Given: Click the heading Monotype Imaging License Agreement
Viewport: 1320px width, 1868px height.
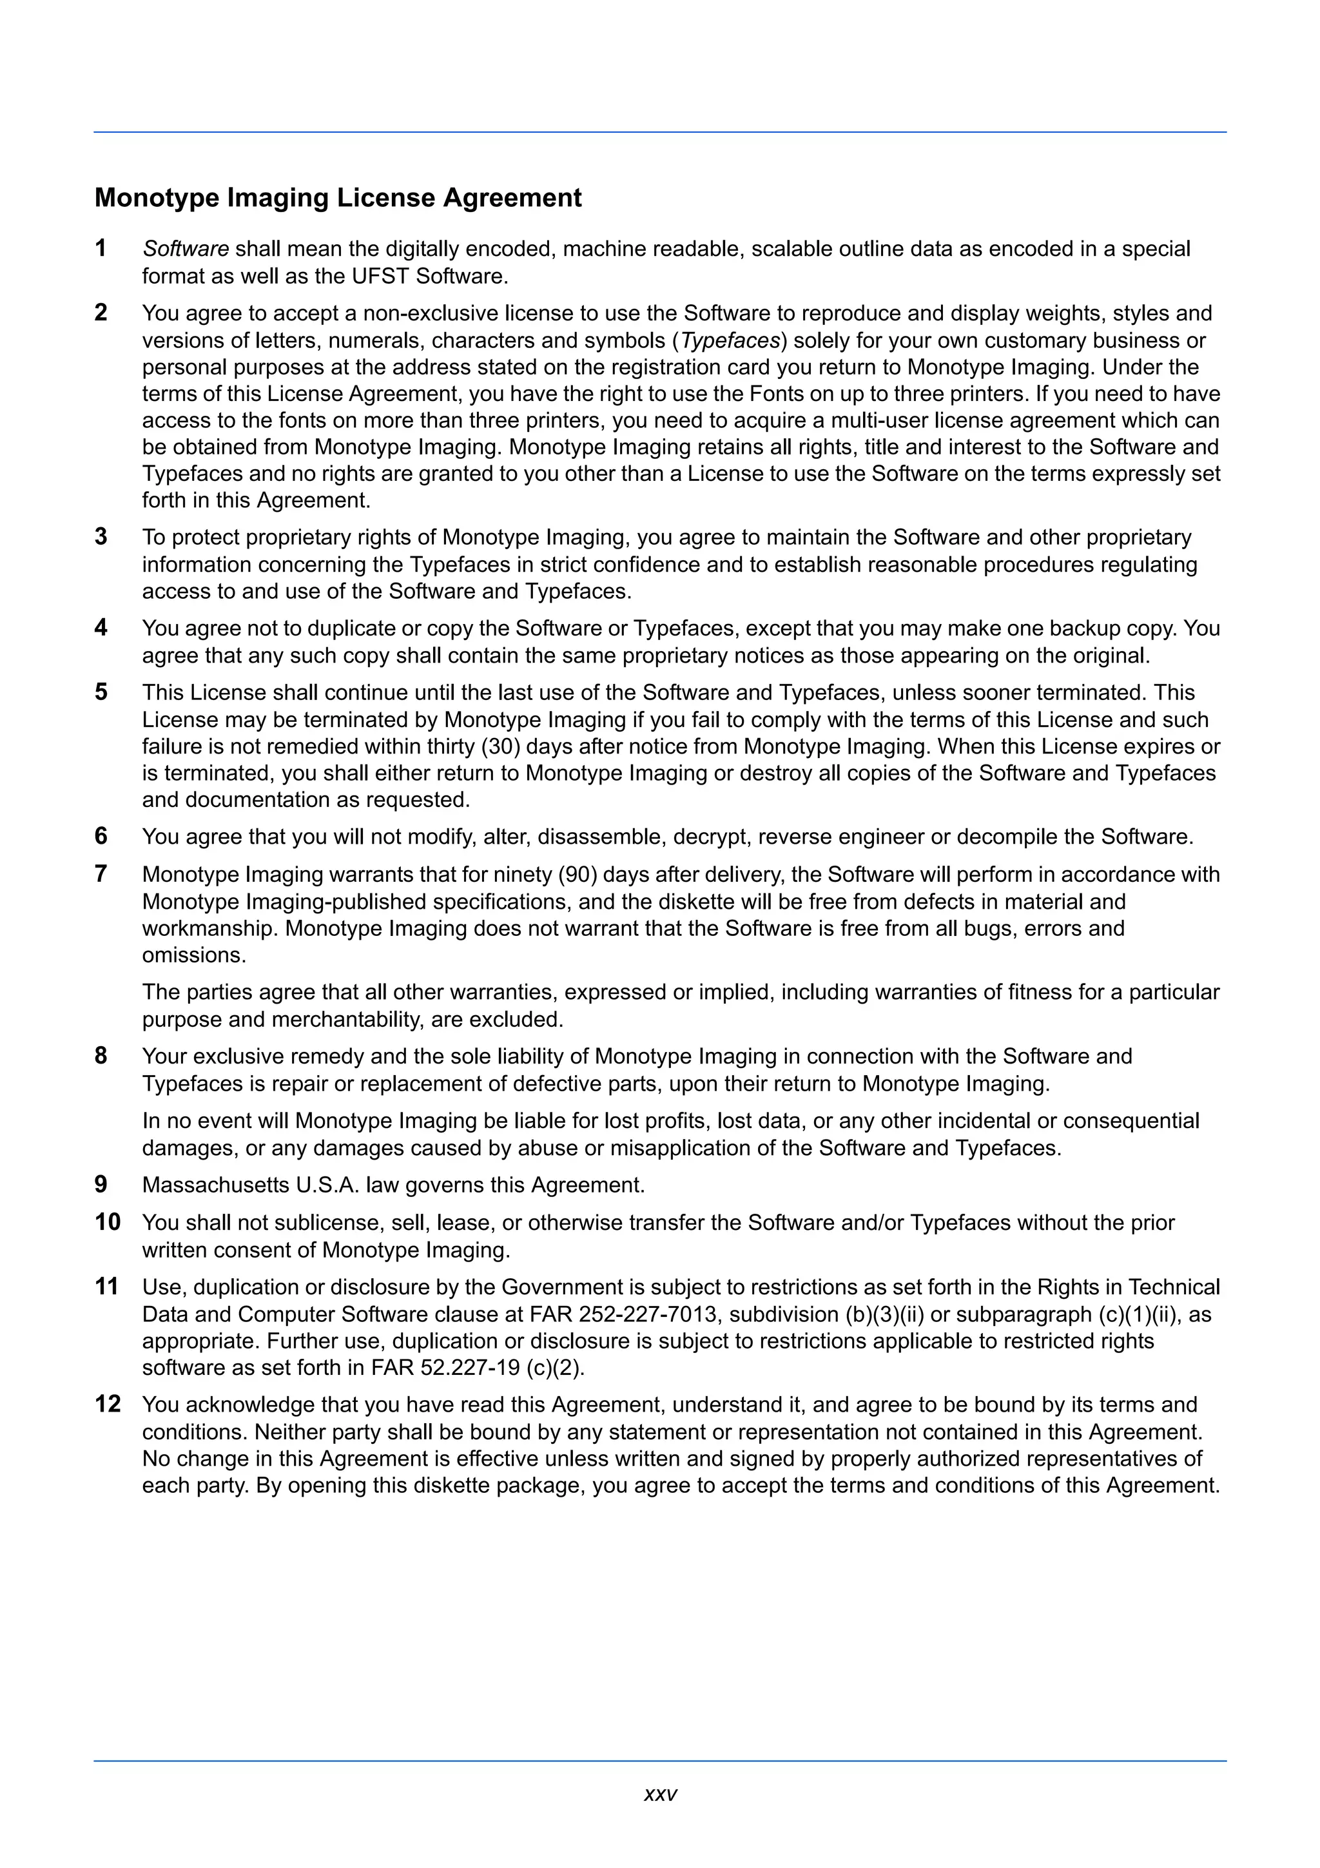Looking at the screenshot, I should [338, 198].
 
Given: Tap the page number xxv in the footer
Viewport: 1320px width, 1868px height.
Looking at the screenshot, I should [659, 1795].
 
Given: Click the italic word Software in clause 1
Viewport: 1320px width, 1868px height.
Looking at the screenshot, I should [186, 249].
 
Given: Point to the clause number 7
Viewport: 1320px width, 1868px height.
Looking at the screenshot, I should [101, 874].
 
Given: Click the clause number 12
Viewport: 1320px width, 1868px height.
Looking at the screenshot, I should [108, 1405].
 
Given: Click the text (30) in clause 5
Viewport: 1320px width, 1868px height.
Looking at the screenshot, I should [500, 746].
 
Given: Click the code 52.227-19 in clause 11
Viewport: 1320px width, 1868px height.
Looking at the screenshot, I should [470, 1368].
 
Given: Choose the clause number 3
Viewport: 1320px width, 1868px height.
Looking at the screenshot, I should [101, 537].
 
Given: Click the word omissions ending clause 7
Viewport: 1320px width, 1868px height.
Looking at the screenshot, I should [193, 955].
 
